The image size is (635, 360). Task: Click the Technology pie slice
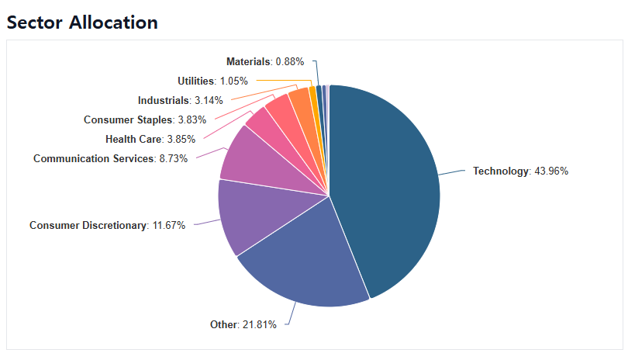click(388, 186)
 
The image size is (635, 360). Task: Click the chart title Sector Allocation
click(82, 22)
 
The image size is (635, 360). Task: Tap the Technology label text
click(500, 171)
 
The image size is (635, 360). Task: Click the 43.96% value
click(550, 171)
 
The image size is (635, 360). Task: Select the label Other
click(223, 324)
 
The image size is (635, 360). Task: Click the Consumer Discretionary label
click(88, 226)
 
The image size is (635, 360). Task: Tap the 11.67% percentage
click(168, 226)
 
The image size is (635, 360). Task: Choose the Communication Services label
click(94, 159)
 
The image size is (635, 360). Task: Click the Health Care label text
click(134, 140)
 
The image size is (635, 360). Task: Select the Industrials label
click(164, 100)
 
